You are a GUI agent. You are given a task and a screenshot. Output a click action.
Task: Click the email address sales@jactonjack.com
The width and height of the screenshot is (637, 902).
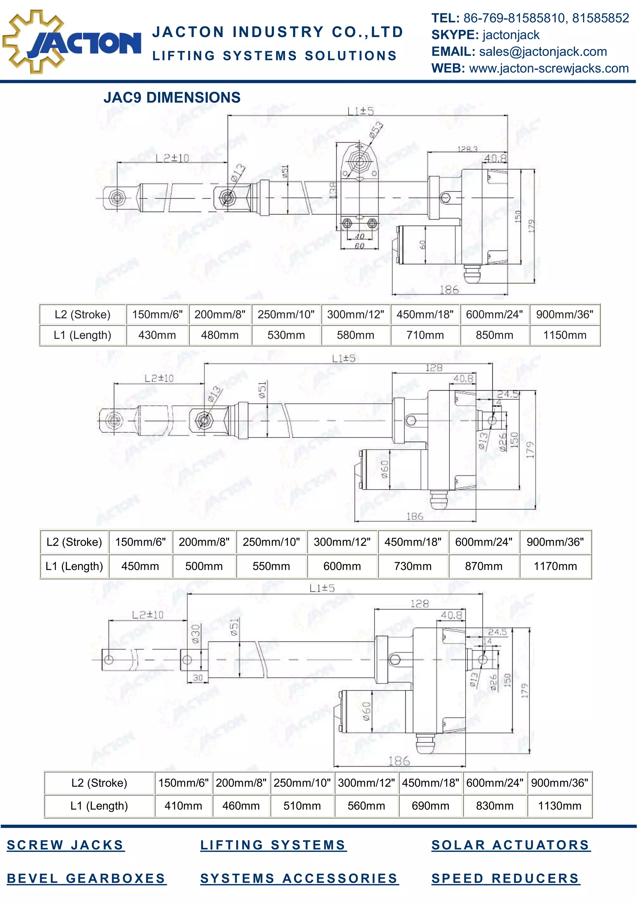tap(543, 51)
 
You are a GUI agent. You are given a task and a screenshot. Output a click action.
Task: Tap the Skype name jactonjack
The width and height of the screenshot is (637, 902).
tap(511, 35)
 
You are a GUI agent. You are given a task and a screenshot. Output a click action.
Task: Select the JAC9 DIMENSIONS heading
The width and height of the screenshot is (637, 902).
tap(172, 97)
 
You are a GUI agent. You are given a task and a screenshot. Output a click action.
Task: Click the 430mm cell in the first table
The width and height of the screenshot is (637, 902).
tap(157, 335)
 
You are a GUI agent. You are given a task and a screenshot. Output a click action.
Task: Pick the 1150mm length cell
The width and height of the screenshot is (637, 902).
tap(565, 335)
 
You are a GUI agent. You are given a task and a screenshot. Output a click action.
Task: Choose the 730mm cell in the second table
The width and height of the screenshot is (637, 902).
tap(412, 566)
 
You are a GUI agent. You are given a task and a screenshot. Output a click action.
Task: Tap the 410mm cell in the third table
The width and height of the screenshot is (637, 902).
tap(183, 806)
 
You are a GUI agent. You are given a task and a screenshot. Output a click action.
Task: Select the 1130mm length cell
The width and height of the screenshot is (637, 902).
tap(559, 806)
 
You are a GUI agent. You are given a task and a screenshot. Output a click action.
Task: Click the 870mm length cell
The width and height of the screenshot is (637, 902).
tap(484, 566)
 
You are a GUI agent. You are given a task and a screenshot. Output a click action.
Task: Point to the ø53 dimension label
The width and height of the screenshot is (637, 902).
tap(376, 130)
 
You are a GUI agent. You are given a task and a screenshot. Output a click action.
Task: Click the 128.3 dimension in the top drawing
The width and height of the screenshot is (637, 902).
tap(467, 149)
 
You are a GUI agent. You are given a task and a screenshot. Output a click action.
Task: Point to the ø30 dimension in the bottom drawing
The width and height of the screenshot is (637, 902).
tap(195, 634)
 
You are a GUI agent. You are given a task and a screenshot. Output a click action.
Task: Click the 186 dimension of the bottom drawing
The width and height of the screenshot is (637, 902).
tap(399, 761)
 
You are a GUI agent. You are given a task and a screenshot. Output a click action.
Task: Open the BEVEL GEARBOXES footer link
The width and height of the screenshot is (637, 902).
tap(86, 878)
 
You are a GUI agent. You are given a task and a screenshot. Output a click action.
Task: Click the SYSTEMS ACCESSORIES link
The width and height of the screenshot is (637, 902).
tap(299, 878)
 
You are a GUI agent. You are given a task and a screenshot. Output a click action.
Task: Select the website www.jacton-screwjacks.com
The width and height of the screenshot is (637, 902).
tap(549, 68)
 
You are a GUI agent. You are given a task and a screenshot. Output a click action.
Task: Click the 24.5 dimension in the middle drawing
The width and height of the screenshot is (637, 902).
tap(508, 394)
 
